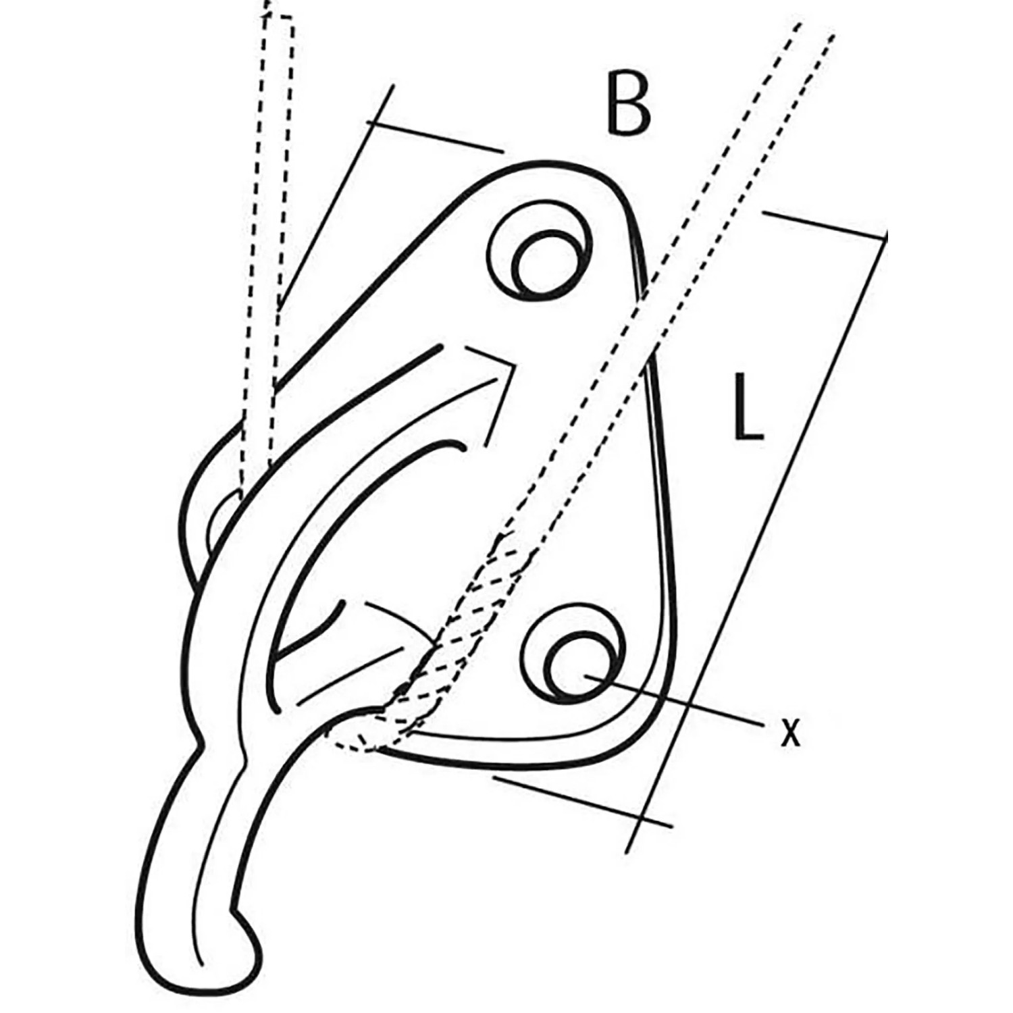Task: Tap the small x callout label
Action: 790,732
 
